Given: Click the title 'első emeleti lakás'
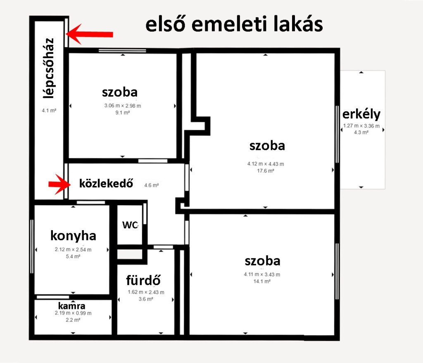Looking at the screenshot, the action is [x=234, y=24].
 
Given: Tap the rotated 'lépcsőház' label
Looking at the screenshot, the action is [x=49, y=68].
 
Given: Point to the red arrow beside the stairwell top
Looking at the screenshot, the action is [x=89, y=34].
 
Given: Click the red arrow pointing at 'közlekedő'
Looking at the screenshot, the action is [x=59, y=184].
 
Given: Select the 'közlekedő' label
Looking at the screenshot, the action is [x=106, y=184].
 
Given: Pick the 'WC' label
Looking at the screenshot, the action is [x=130, y=225].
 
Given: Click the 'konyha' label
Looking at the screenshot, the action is [x=73, y=236].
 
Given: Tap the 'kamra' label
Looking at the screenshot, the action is [x=72, y=306].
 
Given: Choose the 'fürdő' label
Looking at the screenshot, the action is [x=143, y=280].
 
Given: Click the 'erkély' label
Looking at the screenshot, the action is [x=361, y=114].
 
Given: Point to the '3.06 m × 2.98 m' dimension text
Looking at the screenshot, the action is [x=122, y=106].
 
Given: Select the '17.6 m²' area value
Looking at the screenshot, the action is [x=266, y=171].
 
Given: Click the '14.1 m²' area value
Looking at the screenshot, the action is [x=261, y=281].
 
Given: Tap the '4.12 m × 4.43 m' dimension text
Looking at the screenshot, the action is [x=266, y=164].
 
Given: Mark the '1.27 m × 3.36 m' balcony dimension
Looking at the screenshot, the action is [x=361, y=126].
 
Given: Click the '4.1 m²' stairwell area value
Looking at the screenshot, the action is [x=49, y=111].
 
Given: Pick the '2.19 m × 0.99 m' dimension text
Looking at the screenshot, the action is [x=73, y=313].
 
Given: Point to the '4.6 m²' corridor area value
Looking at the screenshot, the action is [x=151, y=185].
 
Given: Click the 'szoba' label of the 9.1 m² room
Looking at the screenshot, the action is [x=120, y=92].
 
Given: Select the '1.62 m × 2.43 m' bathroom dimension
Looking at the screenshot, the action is [x=146, y=292].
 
